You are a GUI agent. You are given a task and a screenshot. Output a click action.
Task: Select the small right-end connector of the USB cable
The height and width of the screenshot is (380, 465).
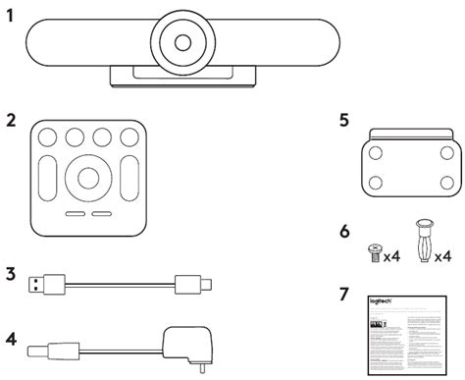(188, 286)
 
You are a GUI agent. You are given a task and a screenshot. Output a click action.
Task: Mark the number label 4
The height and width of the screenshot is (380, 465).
(10, 340)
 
